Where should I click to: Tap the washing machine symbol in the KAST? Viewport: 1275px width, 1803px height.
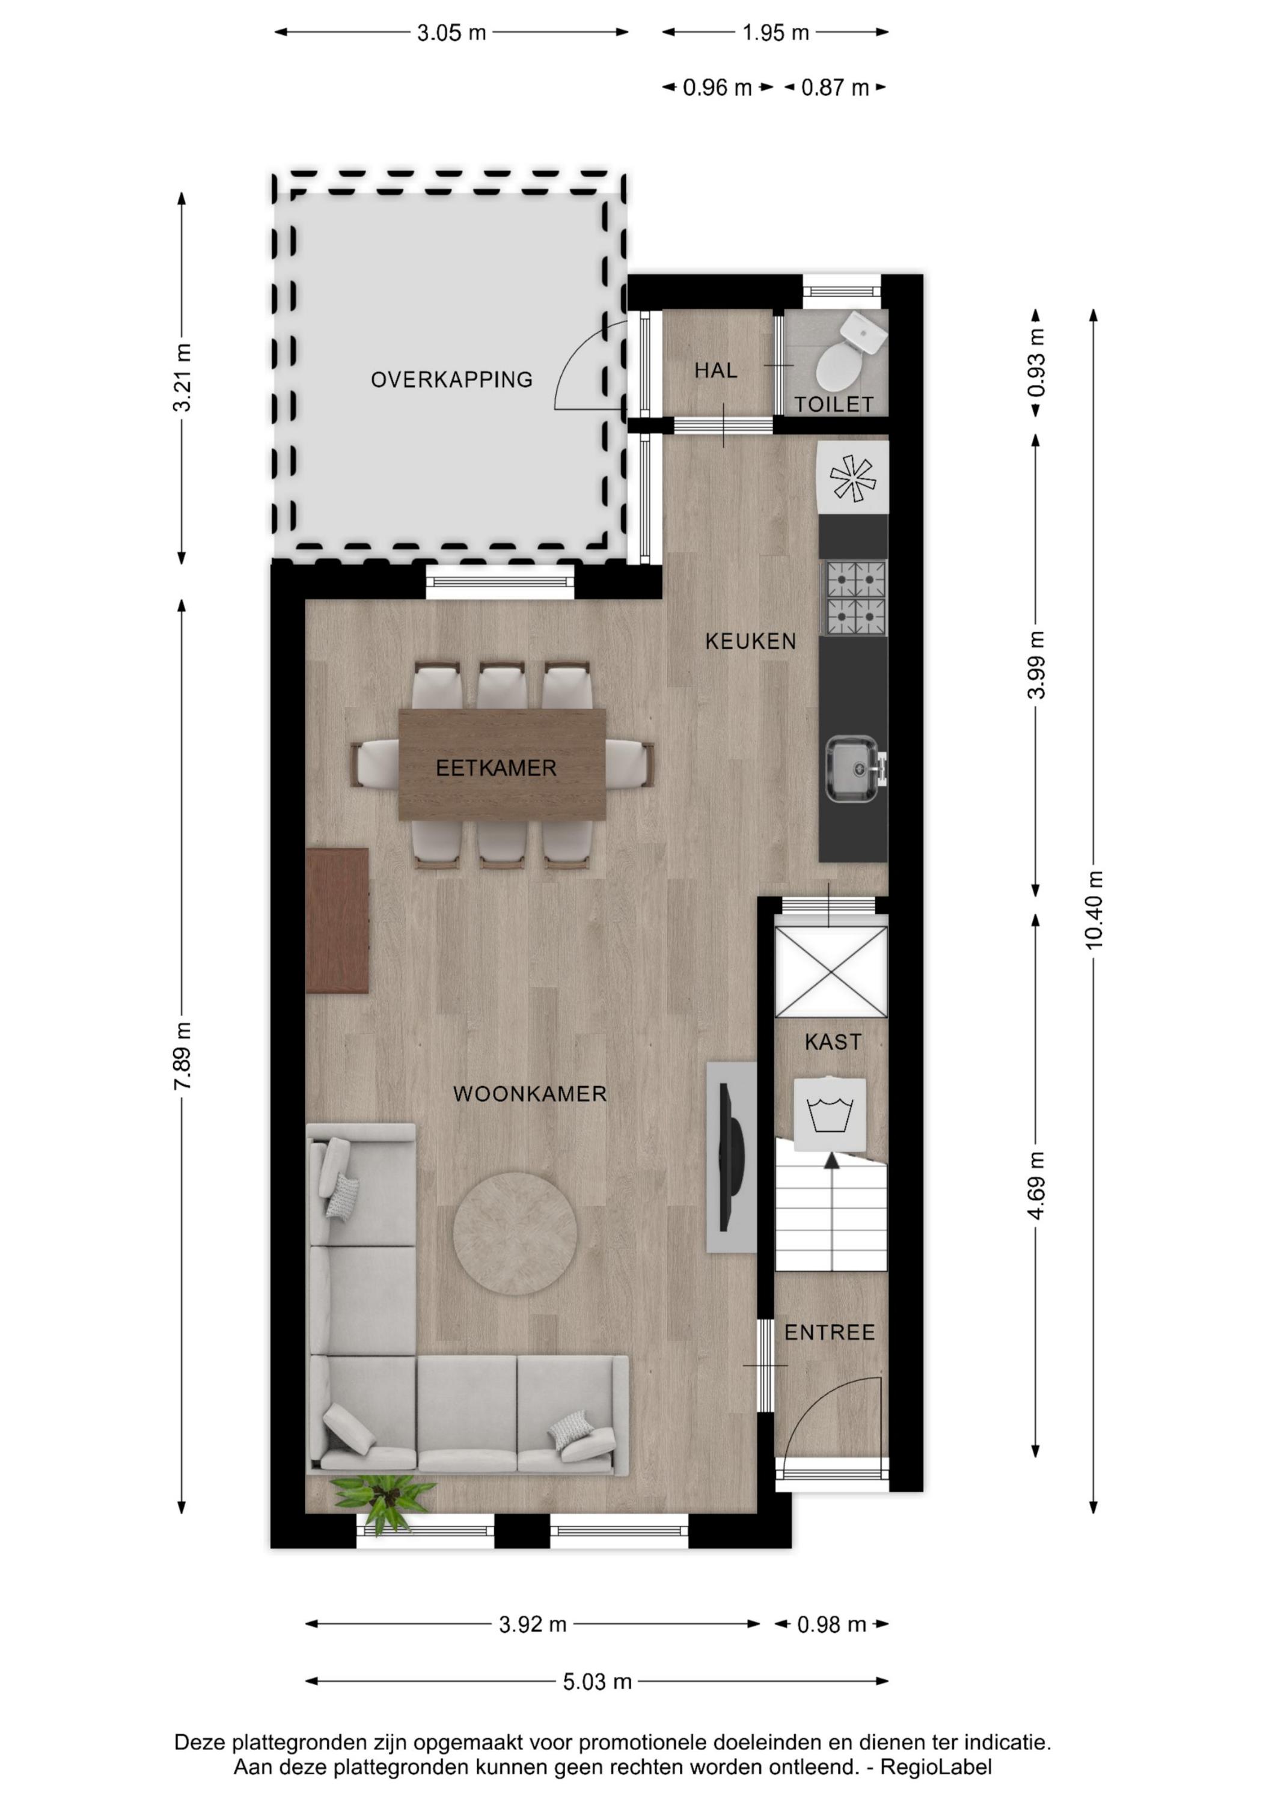[830, 1114]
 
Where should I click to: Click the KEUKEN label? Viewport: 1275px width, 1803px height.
[750, 642]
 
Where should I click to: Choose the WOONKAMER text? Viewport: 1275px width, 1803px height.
[530, 1094]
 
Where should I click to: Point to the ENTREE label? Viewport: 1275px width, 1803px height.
[830, 1332]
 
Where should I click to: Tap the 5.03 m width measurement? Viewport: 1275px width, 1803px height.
[597, 1681]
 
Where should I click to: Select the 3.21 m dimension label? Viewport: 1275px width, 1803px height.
[182, 377]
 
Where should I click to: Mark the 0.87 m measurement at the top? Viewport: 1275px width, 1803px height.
[834, 87]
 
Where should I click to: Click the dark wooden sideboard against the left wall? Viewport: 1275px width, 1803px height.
[337, 920]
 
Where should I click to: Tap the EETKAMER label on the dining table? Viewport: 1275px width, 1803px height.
[496, 768]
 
